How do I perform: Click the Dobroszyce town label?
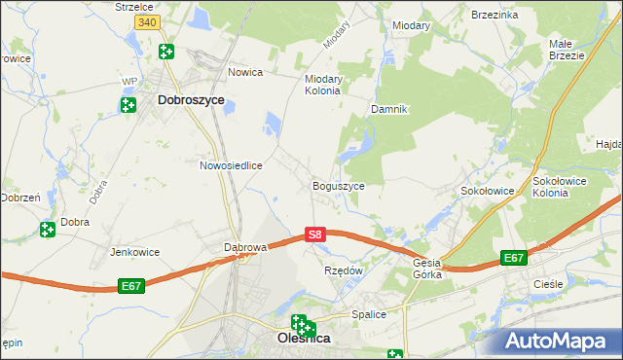click(191, 99)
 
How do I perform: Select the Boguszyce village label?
click(338, 185)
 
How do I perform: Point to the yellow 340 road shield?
click(146, 21)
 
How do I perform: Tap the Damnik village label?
click(387, 110)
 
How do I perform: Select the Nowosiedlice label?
click(232, 165)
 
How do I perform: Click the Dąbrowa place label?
click(245, 247)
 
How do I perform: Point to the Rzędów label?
click(343, 270)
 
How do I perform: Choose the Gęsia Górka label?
click(427, 269)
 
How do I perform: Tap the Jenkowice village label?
click(134, 252)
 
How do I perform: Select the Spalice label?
click(370, 314)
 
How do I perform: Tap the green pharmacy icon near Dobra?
click(47, 230)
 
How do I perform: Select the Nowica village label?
click(246, 72)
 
